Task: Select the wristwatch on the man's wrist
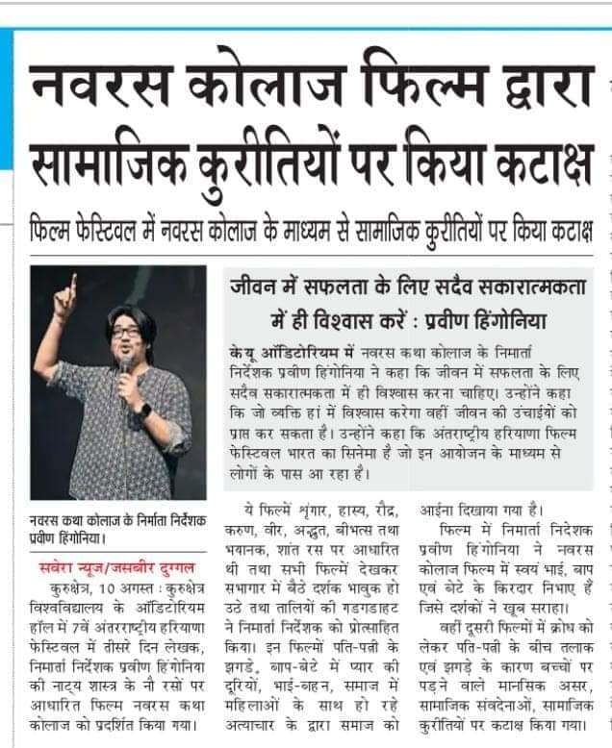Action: tap(143, 409)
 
